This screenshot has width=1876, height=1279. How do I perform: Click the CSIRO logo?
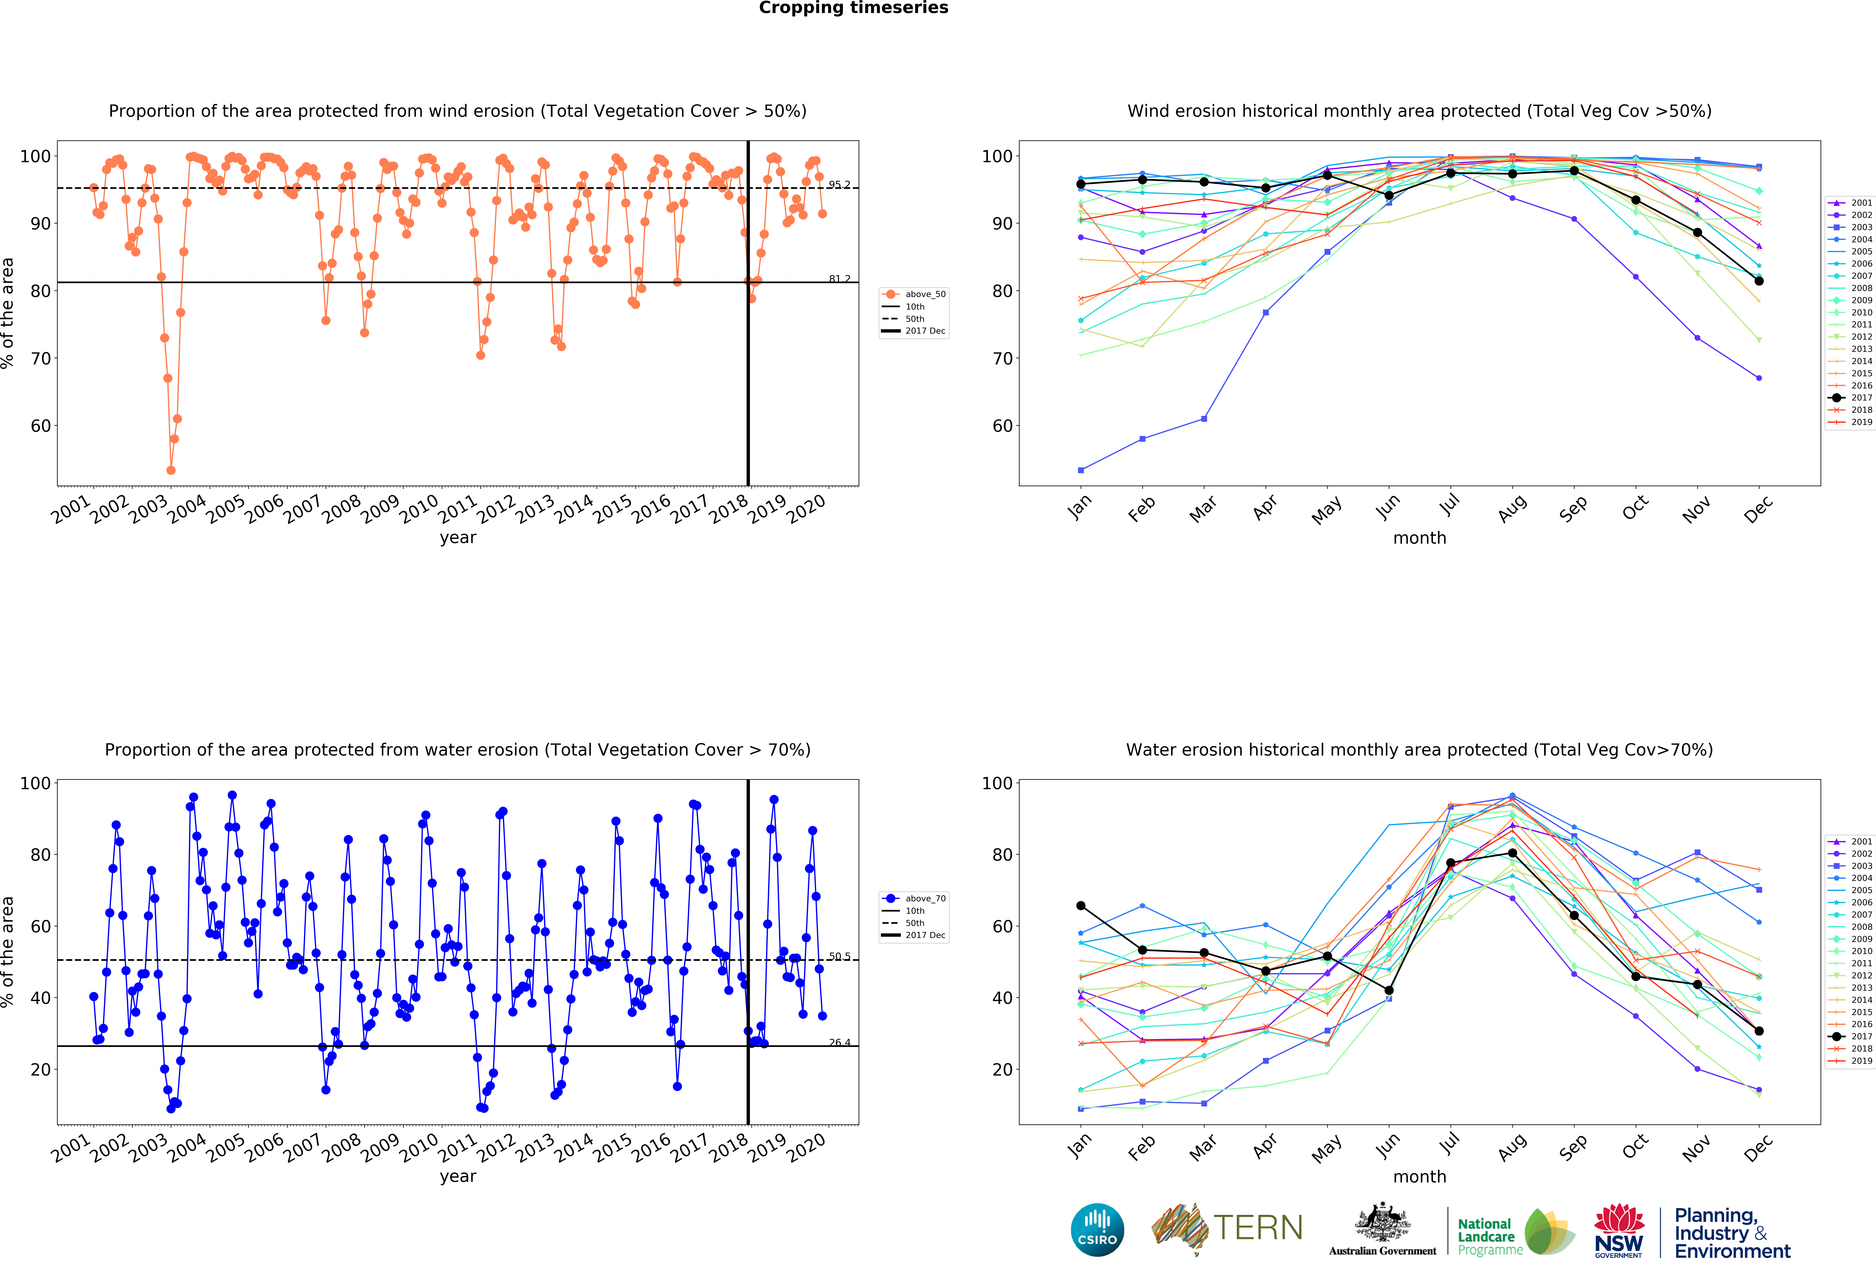point(1097,1230)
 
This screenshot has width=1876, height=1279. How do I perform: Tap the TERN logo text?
point(1258,1228)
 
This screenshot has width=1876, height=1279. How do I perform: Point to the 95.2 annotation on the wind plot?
point(839,185)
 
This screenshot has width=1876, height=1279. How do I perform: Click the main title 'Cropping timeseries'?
point(853,8)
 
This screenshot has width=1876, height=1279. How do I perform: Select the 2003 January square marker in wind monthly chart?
point(1081,470)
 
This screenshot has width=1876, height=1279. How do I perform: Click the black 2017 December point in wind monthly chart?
point(1759,281)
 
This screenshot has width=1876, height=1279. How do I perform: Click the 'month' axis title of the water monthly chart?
point(1419,1176)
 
